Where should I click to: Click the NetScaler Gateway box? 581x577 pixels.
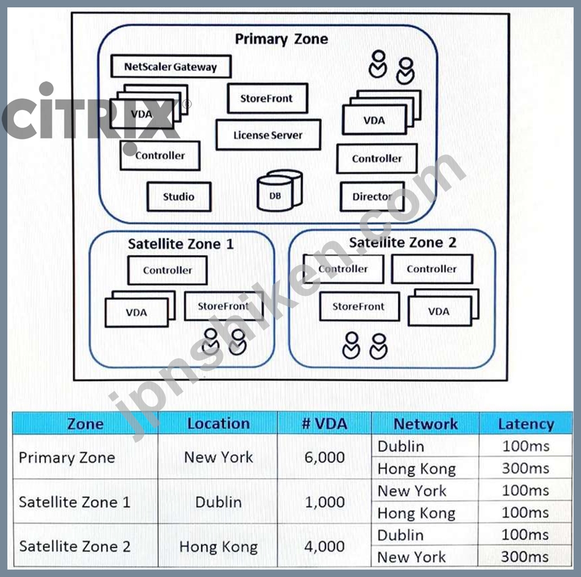click(x=171, y=66)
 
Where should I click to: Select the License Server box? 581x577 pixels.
click(x=268, y=135)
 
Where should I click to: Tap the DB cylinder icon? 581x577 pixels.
click(x=280, y=190)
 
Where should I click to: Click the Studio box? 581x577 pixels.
click(x=179, y=197)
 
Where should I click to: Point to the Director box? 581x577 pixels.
click(x=372, y=197)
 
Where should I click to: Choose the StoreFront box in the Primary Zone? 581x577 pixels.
click(x=268, y=98)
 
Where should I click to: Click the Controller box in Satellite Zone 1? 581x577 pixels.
click(x=167, y=270)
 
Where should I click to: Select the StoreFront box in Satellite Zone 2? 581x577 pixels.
click(x=360, y=307)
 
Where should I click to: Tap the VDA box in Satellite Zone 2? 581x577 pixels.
click(x=440, y=311)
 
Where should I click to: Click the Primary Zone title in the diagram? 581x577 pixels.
click(x=282, y=39)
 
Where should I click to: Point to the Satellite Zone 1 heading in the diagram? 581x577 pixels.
click(x=181, y=244)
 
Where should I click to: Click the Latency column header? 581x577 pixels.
click(x=526, y=424)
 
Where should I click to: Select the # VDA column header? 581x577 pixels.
click(x=325, y=423)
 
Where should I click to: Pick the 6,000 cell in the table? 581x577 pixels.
click(x=325, y=457)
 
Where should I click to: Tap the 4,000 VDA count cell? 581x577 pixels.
click(x=325, y=546)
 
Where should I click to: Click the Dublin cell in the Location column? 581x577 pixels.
click(x=219, y=501)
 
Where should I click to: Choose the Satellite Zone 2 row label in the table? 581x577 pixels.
click(x=74, y=546)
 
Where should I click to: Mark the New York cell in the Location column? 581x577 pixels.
click(x=219, y=457)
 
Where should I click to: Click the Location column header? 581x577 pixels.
click(x=219, y=423)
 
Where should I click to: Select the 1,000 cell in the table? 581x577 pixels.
click(x=325, y=501)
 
